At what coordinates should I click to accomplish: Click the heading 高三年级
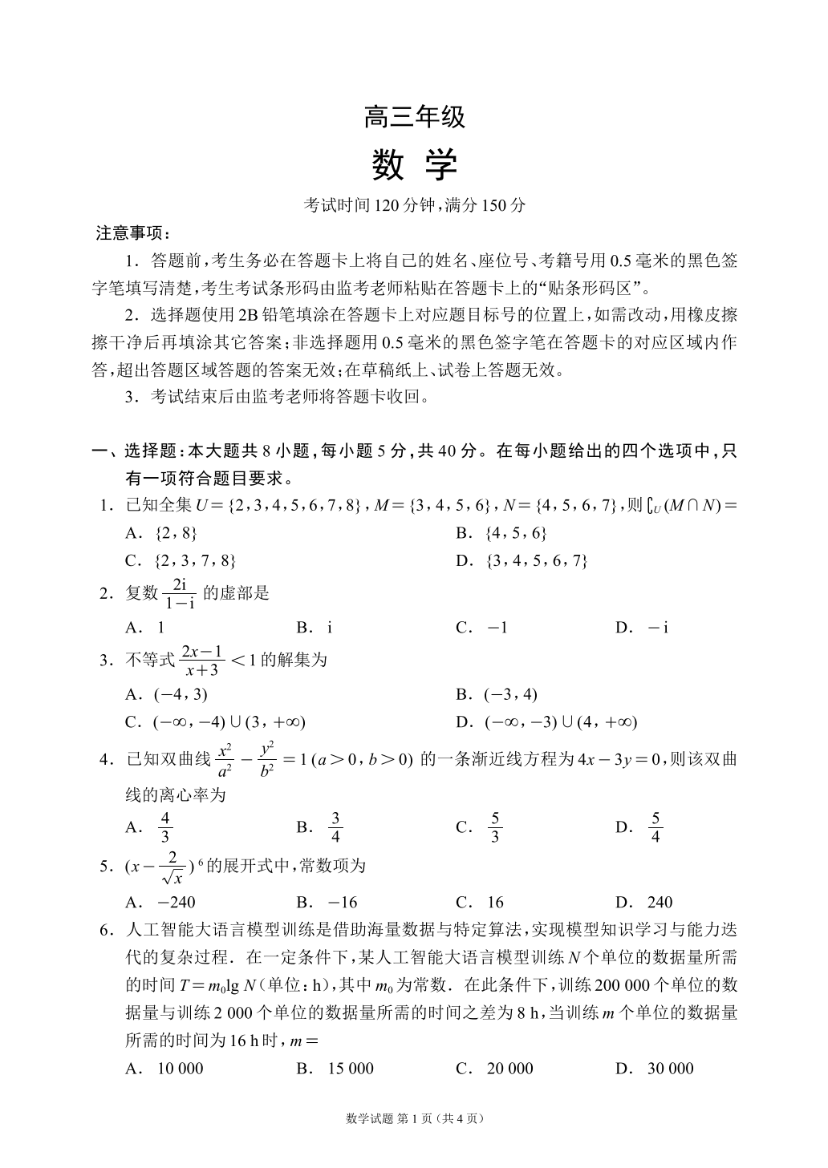[414, 118]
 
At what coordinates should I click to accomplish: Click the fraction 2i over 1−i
[179, 593]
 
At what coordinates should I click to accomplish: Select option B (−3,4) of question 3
[510, 694]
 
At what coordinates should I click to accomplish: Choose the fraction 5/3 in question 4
[495, 827]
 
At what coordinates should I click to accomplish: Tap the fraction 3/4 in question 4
[335, 827]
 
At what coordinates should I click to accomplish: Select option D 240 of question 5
[659, 902]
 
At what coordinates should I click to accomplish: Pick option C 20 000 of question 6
[509, 1068]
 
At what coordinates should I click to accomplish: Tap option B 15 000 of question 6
[351, 1068]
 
